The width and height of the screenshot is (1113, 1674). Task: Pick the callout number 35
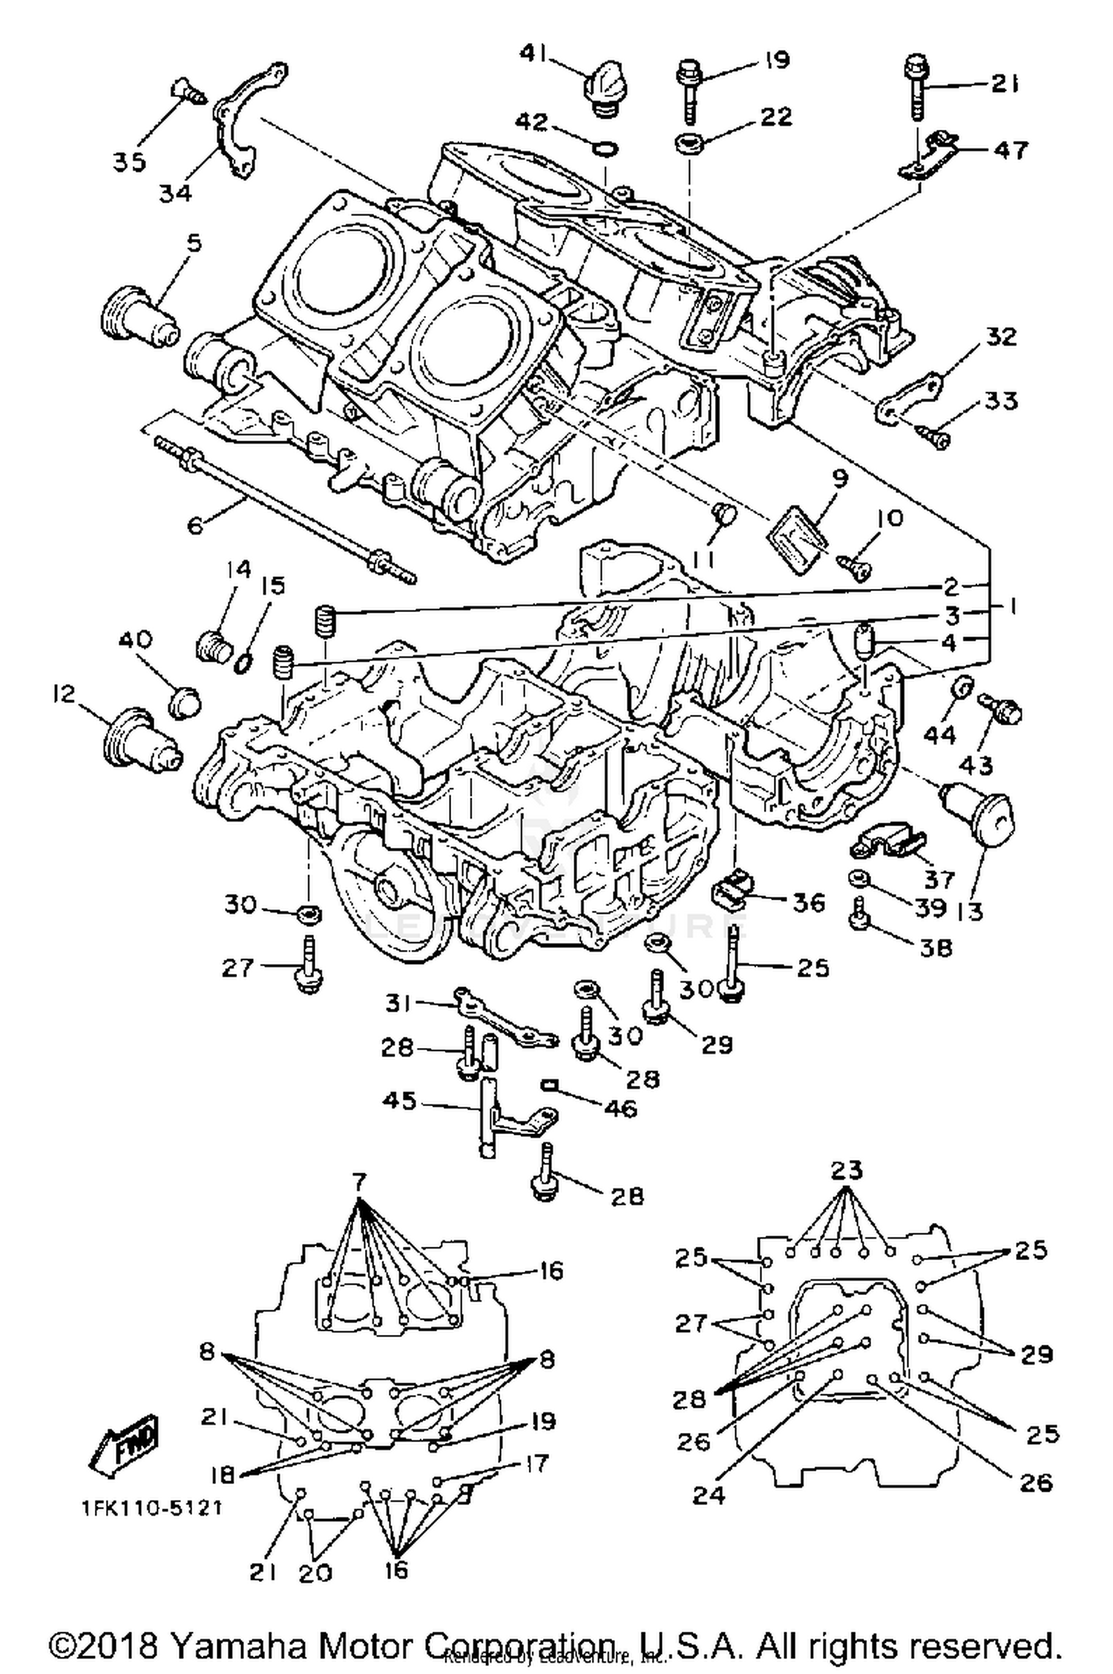(x=129, y=162)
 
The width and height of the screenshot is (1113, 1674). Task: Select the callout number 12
(x=65, y=694)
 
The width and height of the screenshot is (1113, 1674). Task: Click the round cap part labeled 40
(x=184, y=700)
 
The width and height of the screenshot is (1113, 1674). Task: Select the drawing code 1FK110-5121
(x=153, y=1508)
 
